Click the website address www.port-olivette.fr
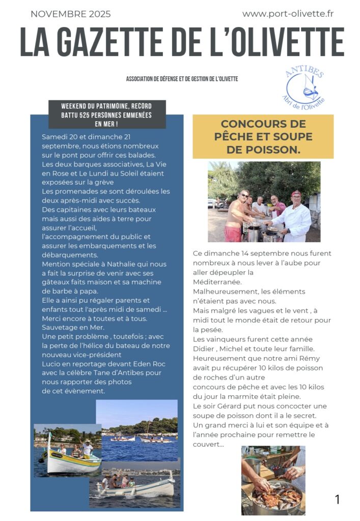pos(288,14)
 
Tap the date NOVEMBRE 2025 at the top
pos(70,14)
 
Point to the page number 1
pos(337,499)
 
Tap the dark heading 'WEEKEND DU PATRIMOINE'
pos(107,114)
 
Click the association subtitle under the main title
pos(182,79)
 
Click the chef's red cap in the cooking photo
pos(295,194)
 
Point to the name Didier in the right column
pos(204,349)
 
